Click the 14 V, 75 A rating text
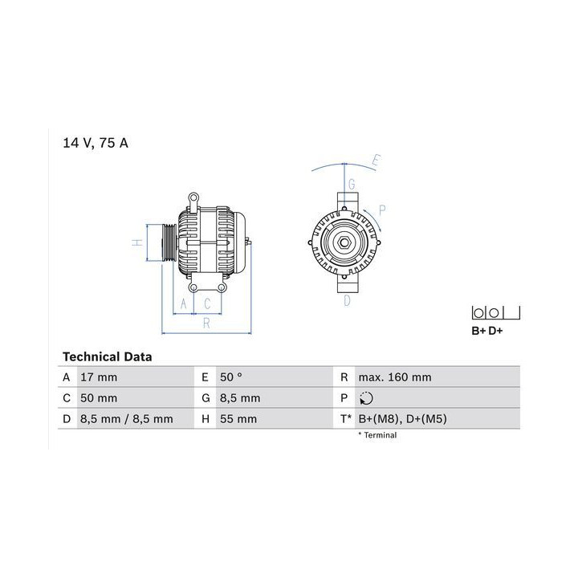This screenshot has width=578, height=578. (95, 143)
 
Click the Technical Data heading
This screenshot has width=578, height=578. (108, 356)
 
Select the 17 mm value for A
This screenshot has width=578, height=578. (99, 377)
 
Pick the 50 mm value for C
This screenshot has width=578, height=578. (99, 398)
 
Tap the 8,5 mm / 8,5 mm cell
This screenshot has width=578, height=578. (127, 419)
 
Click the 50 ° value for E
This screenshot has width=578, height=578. (231, 377)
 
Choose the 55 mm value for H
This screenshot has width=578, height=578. (238, 419)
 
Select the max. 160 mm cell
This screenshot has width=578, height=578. (395, 377)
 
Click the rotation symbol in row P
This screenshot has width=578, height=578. (366, 398)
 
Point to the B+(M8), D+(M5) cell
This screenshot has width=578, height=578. (402, 419)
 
